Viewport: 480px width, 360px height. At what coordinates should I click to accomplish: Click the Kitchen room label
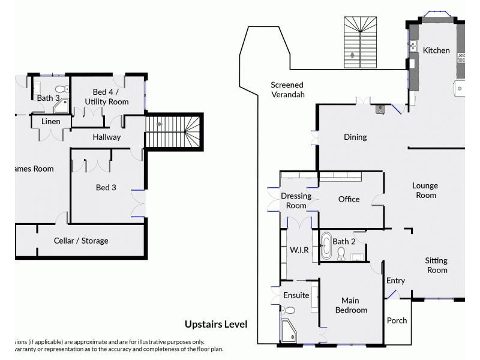(x=436, y=50)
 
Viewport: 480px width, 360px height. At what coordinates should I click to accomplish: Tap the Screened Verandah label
(x=287, y=89)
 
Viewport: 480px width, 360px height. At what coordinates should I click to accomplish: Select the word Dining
(x=355, y=137)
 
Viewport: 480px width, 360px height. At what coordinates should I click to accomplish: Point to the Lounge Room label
(x=425, y=190)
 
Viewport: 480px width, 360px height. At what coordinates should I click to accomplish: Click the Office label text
(x=349, y=199)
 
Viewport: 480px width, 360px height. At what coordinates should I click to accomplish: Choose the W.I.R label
(x=299, y=250)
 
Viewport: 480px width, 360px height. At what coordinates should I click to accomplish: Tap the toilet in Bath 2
(x=341, y=254)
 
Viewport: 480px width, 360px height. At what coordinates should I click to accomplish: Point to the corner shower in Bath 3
(x=62, y=107)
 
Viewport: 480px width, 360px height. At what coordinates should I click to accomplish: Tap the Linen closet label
(x=50, y=122)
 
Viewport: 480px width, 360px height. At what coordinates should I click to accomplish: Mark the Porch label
(x=397, y=320)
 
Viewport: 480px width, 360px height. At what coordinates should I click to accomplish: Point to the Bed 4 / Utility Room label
(x=110, y=97)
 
